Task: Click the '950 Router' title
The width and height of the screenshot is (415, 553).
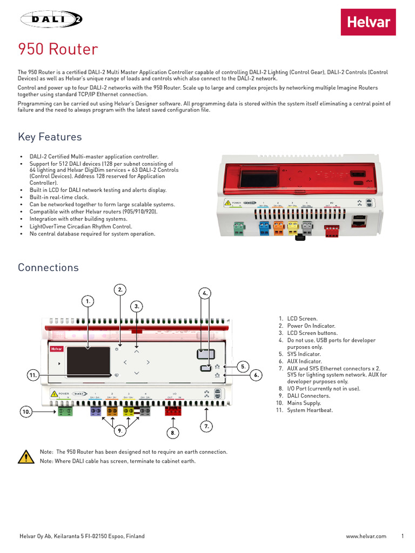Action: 58,50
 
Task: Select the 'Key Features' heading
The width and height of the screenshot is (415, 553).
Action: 50,137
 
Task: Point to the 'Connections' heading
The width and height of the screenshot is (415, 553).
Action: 48,267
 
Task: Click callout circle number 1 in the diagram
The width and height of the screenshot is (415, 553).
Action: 88,300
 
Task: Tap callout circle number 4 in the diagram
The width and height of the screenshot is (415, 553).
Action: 205,293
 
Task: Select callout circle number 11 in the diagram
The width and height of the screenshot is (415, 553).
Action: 33,374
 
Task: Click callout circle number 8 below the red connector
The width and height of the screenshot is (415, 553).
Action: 173,433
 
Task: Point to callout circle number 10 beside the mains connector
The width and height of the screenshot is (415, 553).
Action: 26,412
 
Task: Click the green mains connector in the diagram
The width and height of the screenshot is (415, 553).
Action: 65,411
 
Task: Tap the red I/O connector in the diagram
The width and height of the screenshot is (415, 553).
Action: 173,411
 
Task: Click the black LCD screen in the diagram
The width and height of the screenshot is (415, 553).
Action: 89,362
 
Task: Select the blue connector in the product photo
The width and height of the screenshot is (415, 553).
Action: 264,228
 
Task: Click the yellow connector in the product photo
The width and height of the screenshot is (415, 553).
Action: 292,228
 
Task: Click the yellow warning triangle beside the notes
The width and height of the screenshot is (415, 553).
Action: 25,456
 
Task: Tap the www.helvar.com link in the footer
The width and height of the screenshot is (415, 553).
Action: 366,536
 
